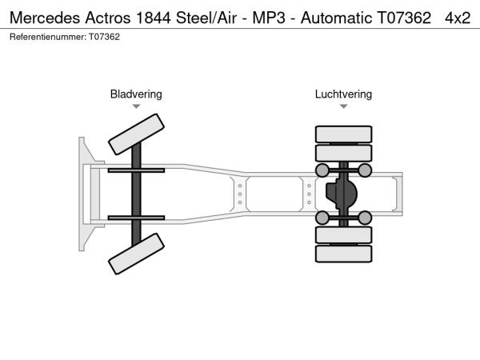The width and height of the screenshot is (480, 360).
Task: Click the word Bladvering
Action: pyautogui.click(x=136, y=94)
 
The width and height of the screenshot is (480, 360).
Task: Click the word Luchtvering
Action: pyautogui.click(x=343, y=94)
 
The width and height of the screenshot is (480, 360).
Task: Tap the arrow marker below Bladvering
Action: pyautogui.click(x=136, y=106)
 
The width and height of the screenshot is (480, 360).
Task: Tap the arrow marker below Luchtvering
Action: pyautogui.click(x=343, y=106)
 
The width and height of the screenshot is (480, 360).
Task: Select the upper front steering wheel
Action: pyautogui.click(x=137, y=133)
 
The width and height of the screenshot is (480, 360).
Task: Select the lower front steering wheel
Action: pyautogui.click(x=137, y=257)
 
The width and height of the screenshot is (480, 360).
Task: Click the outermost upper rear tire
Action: pyautogui.click(x=343, y=134)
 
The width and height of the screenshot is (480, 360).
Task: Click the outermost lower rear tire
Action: pyautogui.click(x=343, y=254)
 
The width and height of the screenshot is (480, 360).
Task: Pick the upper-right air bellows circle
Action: pyautogui.click(x=365, y=170)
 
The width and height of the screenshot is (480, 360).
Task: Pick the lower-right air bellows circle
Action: pyautogui.click(x=365, y=218)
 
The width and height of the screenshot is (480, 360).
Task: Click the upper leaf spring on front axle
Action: pyautogui.click(x=136, y=170)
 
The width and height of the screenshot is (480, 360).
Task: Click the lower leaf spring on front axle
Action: pyautogui.click(x=136, y=218)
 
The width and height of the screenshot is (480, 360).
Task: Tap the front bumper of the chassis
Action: pyautogui.click(x=83, y=194)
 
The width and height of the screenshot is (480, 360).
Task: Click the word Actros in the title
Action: pyautogui.click(x=111, y=18)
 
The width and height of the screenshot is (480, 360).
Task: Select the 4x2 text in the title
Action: pyautogui.click(x=458, y=18)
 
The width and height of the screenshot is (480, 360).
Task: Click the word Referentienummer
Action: pyautogui.click(x=47, y=37)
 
